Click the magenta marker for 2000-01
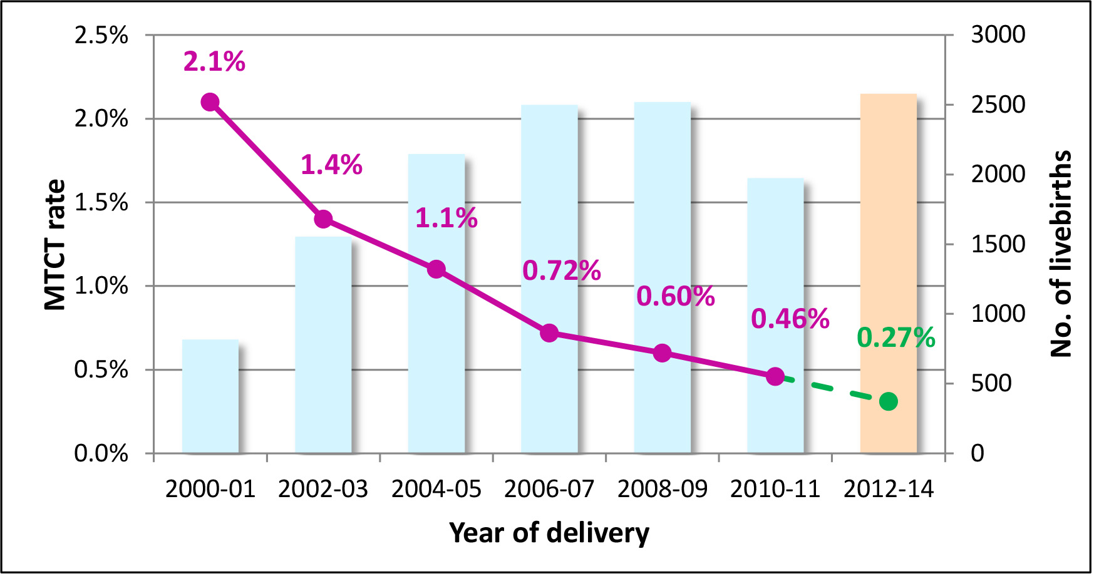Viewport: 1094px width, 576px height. click(210, 102)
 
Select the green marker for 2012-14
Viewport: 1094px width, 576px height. click(888, 401)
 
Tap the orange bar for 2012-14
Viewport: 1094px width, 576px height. click(888, 250)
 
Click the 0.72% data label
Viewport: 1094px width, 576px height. click(561, 270)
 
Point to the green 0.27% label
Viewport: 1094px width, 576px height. click(895, 338)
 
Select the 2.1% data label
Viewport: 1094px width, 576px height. click(214, 61)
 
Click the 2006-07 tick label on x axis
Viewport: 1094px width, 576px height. click(549, 489)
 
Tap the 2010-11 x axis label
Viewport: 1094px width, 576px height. click(775, 489)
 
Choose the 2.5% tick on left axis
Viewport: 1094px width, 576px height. click(101, 35)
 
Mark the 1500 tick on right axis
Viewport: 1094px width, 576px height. click(998, 244)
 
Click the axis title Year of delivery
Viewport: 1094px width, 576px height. click(549, 533)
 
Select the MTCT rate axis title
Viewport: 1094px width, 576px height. click(55, 245)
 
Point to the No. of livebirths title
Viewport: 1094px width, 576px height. click(1061, 254)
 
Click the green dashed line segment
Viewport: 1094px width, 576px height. click(833, 389)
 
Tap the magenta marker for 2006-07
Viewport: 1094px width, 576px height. click(549, 333)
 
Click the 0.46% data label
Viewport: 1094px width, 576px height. click(790, 319)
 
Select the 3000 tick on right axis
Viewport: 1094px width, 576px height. click(998, 34)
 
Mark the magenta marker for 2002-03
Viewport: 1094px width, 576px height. click(323, 219)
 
